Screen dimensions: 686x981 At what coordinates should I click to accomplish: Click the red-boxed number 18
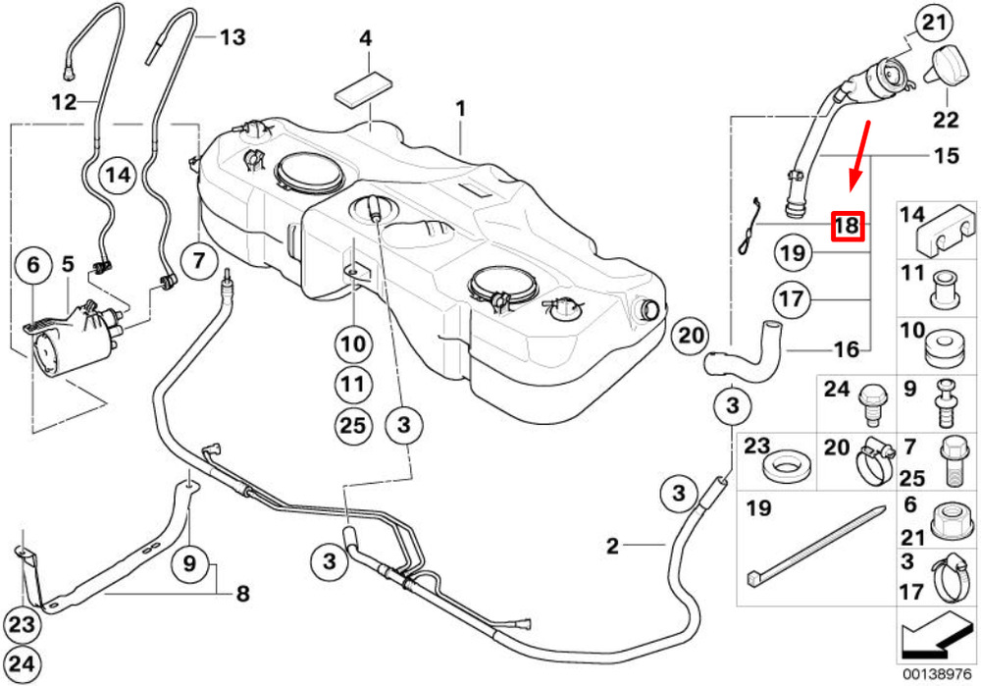847,227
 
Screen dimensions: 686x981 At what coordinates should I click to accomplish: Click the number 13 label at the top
232,38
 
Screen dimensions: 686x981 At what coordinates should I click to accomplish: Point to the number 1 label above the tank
460,107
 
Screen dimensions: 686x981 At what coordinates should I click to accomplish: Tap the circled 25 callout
352,424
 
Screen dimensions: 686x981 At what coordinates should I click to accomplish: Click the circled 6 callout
33,265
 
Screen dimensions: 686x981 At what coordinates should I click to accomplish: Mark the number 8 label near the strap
242,594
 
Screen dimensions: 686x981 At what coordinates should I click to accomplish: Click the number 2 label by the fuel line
613,546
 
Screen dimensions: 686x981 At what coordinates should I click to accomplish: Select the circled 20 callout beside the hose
692,336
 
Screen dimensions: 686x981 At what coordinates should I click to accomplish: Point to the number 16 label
848,348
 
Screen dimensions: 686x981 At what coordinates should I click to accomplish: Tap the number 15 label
945,155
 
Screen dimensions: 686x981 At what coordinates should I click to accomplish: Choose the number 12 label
64,100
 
